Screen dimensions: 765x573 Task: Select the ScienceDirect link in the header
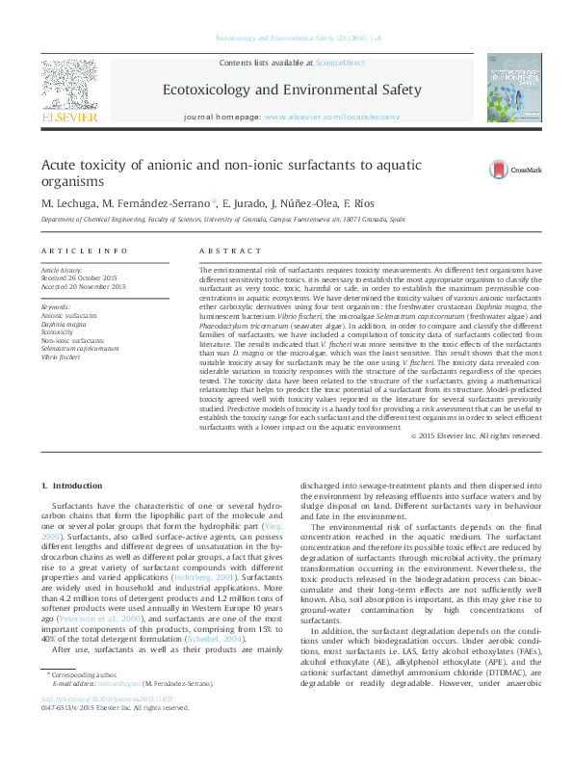click(x=341, y=62)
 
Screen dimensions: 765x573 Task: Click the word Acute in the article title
click(x=61, y=165)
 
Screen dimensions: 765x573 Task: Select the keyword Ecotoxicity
click(x=59, y=330)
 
